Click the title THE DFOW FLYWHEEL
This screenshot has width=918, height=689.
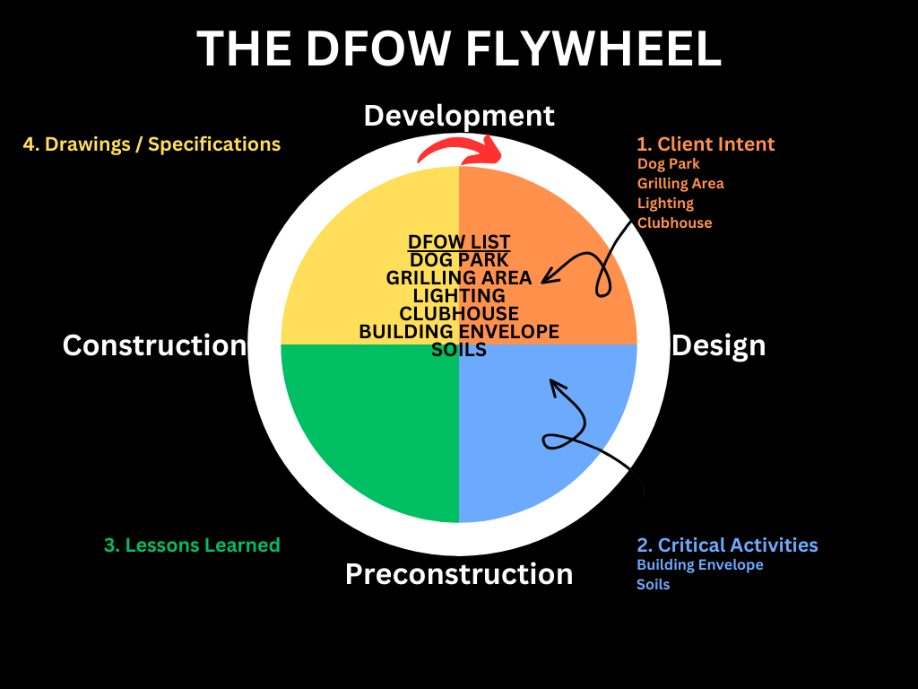pos(459,48)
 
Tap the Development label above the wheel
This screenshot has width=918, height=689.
pos(459,116)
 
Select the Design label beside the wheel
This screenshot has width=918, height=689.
pos(719,345)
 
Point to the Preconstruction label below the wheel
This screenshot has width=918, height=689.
pos(459,574)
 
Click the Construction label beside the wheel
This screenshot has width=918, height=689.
pos(154,345)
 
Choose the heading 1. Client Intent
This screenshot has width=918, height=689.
pos(706,144)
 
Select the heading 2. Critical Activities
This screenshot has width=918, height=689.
pos(727,545)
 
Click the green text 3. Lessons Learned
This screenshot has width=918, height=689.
pos(192,545)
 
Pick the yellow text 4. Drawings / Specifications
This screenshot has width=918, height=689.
pos(152,144)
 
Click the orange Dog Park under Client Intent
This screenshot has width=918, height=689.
pos(669,164)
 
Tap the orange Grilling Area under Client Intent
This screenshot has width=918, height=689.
pos(680,184)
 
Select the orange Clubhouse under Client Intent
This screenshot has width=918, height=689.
pos(674,223)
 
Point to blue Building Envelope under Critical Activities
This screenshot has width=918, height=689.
pos(699,565)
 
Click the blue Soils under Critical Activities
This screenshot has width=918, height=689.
pos(653,585)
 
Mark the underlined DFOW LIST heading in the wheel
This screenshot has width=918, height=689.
pos(459,242)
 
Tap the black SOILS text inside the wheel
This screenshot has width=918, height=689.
pos(459,350)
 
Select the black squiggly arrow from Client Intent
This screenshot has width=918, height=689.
pos(602,269)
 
